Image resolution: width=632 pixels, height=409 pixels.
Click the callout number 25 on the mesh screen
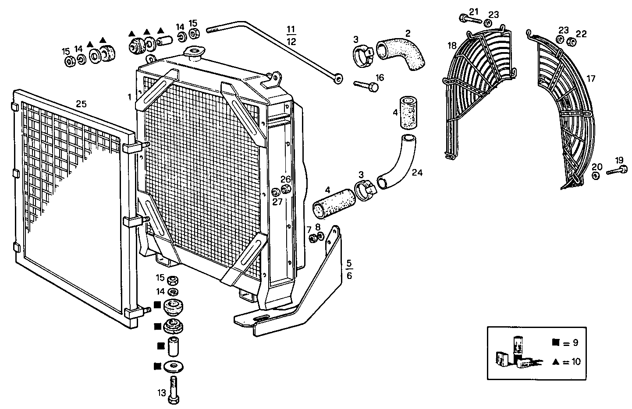[x=81, y=104]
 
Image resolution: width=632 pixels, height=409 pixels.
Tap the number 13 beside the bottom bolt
[x=162, y=393]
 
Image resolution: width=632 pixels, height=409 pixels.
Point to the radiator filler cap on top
[x=193, y=53]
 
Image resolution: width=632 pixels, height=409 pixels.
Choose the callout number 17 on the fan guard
[x=591, y=79]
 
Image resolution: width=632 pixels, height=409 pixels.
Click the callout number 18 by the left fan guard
[x=452, y=46]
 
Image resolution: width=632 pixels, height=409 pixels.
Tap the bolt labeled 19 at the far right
[x=616, y=171]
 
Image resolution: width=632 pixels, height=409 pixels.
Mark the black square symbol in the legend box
[x=556, y=343]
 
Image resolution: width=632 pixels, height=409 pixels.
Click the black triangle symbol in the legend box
[x=556, y=362]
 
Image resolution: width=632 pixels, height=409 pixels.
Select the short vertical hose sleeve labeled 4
[x=407, y=113]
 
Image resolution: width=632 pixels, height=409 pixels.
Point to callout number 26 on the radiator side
[x=285, y=179]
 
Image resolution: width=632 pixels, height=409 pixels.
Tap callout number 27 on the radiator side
[x=277, y=202]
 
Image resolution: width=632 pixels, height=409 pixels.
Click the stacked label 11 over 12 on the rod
[x=291, y=36]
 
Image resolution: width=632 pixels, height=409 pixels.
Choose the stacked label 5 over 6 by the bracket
[x=349, y=269]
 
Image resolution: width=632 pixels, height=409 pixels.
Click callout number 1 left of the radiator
[x=130, y=97]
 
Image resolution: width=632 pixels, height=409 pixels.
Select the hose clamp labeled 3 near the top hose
[x=362, y=56]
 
